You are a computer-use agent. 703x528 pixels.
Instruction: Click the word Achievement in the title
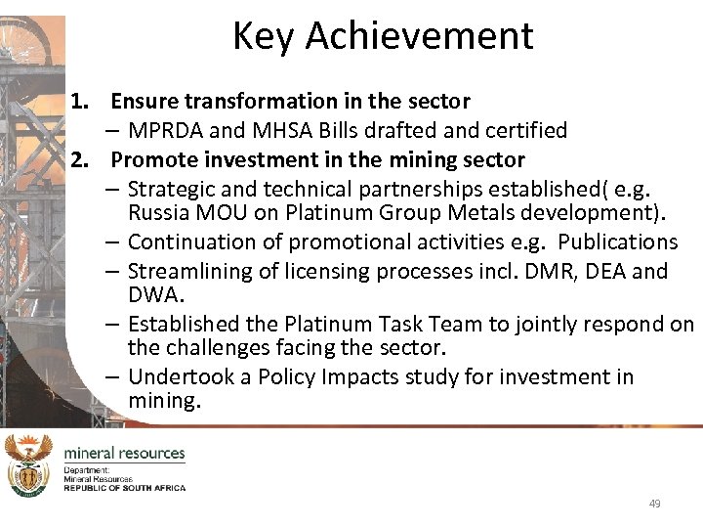pyautogui.click(x=420, y=36)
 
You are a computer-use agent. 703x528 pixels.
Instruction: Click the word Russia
pyautogui.click(x=157, y=211)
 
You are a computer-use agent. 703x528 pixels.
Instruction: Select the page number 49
pyautogui.click(x=654, y=504)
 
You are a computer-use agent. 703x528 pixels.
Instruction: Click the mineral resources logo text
pyautogui.click(x=124, y=454)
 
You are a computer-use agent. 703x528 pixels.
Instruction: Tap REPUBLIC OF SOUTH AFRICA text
pyautogui.click(x=124, y=487)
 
